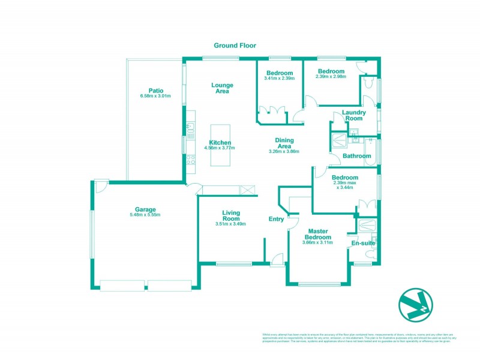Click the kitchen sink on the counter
(190, 127)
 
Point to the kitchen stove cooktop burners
(190, 160)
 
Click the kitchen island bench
(220, 145)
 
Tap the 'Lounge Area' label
(222, 88)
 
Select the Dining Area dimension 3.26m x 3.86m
(284, 152)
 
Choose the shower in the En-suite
(364, 226)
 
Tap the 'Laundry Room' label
(354, 115)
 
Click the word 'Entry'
(276, 219)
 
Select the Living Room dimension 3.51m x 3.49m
(231, 224)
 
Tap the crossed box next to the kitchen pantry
(247, 190)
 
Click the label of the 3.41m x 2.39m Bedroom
(280, 73)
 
